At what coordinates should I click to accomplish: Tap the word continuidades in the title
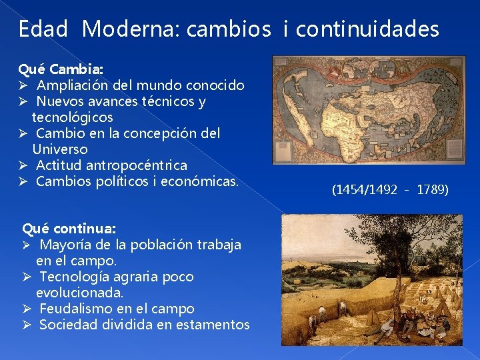click(x=367, y=29)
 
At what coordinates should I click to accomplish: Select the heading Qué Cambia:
click(x=60, y=69)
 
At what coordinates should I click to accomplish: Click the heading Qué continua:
click(x=69, y=229)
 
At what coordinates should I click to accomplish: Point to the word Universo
click(x=59, y=149)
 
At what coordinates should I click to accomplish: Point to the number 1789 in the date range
click(x=433, y=190)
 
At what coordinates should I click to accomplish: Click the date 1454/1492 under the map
click(x=364, y=190)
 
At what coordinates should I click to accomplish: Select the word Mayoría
click(x=65, y=245)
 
